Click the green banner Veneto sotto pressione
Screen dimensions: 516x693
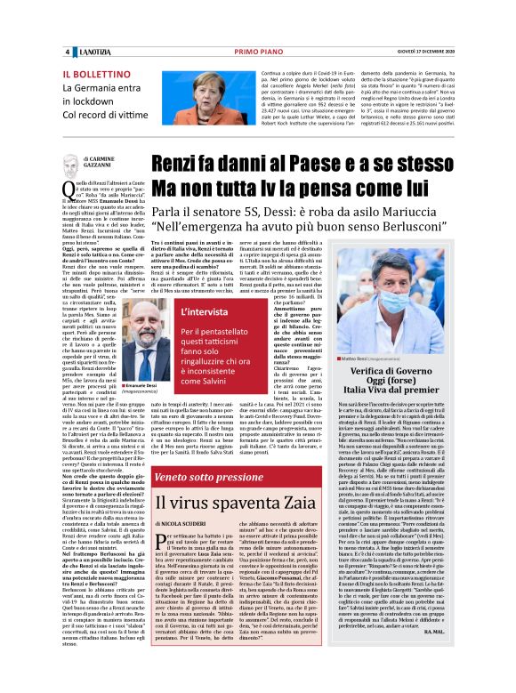tap(203, 477)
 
